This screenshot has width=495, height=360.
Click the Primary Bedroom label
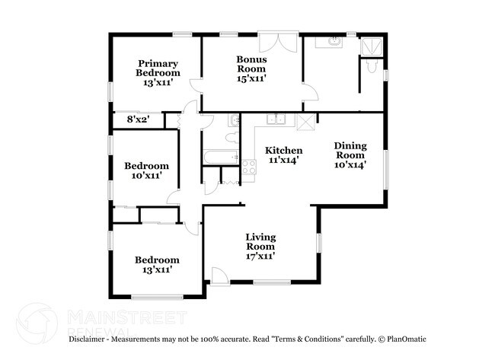[x=158, y=68]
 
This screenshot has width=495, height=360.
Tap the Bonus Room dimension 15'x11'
[x=251, y=78]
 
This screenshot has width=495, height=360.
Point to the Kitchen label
[x=283, y=150]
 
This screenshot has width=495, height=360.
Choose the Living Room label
[x=260, y=241]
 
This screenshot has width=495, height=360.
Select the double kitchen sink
[x=276, y=119]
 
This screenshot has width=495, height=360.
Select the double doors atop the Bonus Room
[x=278, y=41]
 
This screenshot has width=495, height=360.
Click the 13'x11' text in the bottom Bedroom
[x=158, y=269]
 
